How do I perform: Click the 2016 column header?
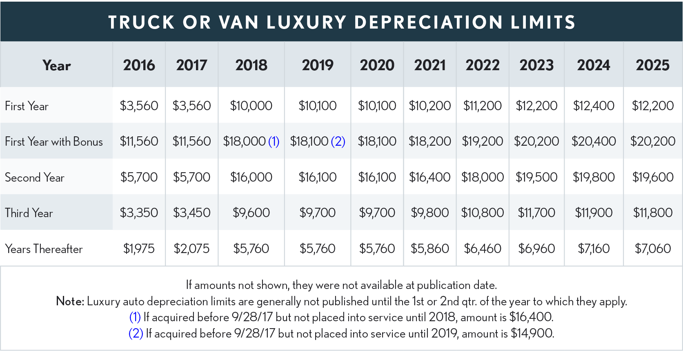[x=139, y=65]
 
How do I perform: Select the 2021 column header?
[x=430, y=65]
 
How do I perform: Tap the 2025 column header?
[x=652, y=65]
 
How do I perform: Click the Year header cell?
[x=56, y=65]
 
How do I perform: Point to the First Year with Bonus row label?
[x=54, y=142]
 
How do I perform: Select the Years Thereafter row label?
[x=44, y=249]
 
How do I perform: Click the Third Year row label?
[x=29, y=213]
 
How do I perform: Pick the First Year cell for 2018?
[x=251, y=106]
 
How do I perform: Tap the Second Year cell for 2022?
[x=483, y=177]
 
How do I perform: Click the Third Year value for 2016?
[x=139, y=213]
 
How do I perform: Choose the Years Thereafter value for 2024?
[x=594, y=249]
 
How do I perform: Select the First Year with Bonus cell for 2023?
[x=536, y=141]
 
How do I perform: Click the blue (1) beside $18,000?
[x=274, y=142]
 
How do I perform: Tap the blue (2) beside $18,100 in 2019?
[x=338, y=142]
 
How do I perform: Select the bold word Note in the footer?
[x=70, y=301]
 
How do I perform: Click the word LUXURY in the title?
[x=307, y=22]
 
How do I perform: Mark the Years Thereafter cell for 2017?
[x=191, y=249]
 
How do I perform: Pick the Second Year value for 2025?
[x=652, y=177]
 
